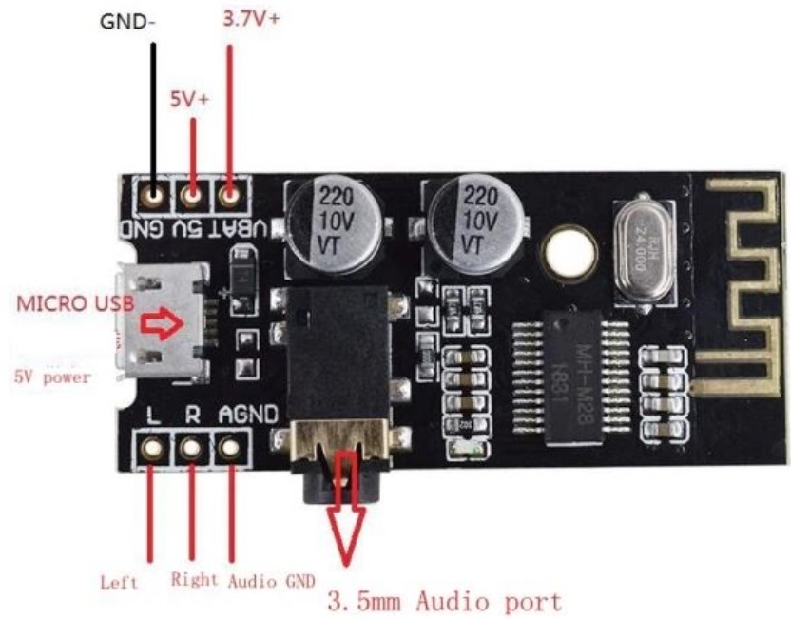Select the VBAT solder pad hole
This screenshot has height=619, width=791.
click(229, 198)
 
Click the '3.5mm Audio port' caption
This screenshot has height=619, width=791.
click(444, 601)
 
